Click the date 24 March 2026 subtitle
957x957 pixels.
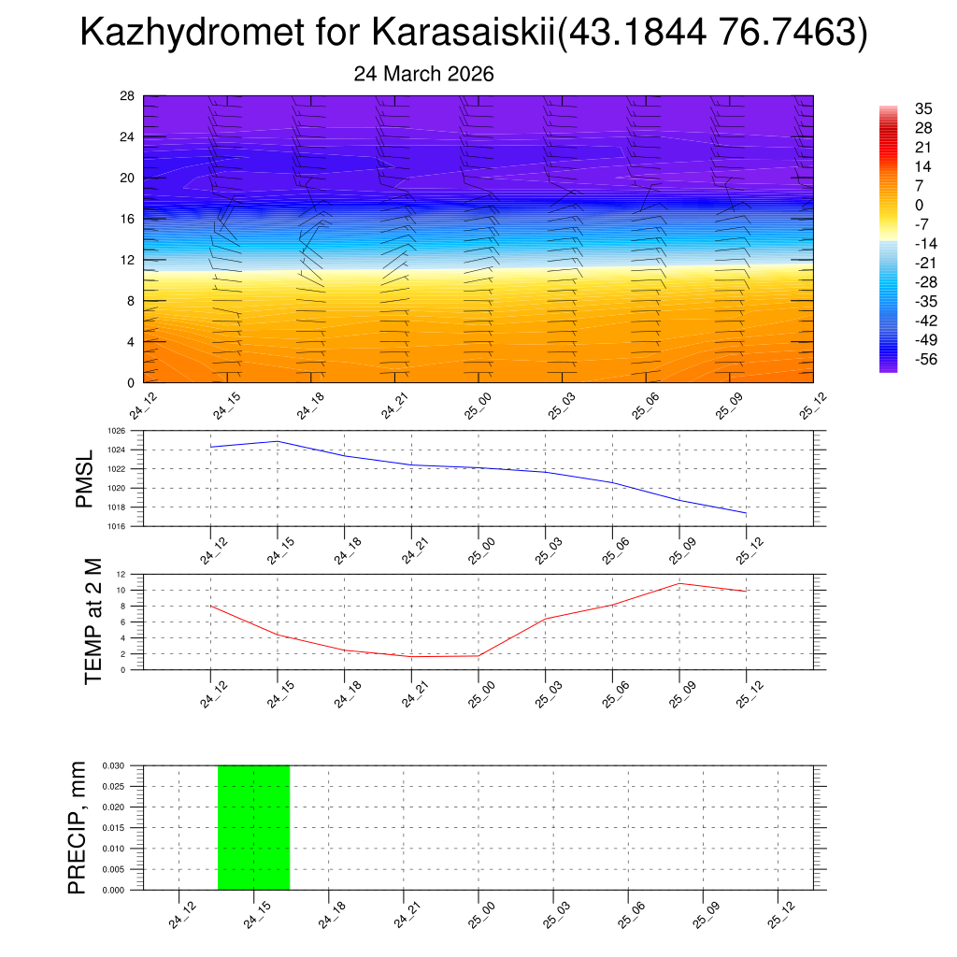[423, 74]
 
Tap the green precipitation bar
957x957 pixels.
[253, 827]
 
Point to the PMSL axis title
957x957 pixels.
[85, 479]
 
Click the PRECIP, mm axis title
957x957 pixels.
[78, 827]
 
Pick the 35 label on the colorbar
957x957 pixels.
[923, 108]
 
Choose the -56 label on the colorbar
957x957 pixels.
[925, 359]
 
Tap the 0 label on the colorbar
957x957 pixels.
[920, 206]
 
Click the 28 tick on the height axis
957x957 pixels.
[127, 96]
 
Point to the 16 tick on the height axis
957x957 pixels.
[127, 219]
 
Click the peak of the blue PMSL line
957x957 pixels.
[278, 441]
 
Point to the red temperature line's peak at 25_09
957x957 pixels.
[679, 583]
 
